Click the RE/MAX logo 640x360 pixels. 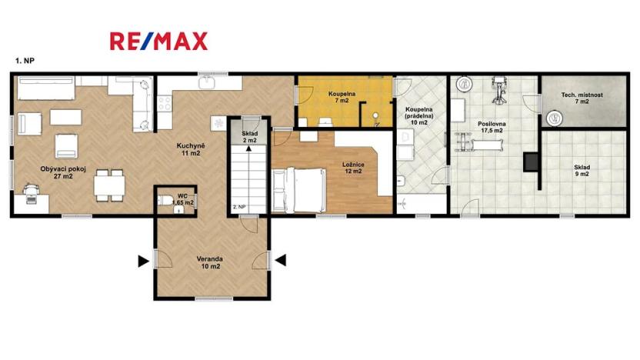pos(158,42)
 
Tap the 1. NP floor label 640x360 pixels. pos(25,61)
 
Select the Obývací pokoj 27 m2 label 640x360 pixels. pos(63,172)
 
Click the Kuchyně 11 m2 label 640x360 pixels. pos(191,149)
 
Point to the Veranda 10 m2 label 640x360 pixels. pos(210,262)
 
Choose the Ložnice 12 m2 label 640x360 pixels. pos(353,168)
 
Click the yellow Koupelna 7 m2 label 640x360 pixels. pos(342,97)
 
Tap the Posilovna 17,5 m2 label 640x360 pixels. pos(492,127)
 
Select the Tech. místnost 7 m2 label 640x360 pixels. pos(582,98)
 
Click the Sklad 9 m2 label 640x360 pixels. pos(582,171)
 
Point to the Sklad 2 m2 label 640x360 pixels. pos(249,137)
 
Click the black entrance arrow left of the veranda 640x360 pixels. pos(143,262)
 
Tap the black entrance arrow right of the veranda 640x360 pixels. pos(281,260)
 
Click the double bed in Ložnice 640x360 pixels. pos(299,190)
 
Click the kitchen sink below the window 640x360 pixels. pos(207,82)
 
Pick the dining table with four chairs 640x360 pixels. pos(109,185)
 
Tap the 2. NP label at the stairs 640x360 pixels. pos(239,207)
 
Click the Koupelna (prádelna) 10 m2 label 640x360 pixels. pos(418,116)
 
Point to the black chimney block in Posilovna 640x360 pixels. pos(531,162)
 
